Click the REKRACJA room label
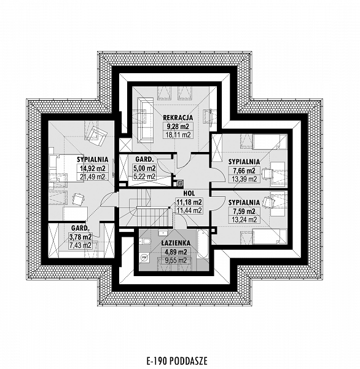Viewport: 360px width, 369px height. click(x=178, y=117)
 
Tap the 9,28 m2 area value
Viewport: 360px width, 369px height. click(x=178, y=126)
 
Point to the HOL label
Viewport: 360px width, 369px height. click(x=189, y=194)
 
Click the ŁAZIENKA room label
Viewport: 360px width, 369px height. click(x=176, y=243)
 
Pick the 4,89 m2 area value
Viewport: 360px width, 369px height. click(x=176, y=252)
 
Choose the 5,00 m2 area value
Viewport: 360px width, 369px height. click(x=144, y=169)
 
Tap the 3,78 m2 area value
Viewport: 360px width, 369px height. click(x=80, y=237)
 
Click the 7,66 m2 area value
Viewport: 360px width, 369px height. click(x=244, y=170)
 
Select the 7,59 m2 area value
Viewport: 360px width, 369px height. click(x=244, y=212)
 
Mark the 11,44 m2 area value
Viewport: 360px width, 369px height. click(x=189, y=210)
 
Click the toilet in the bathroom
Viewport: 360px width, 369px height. click(x=145, y=242)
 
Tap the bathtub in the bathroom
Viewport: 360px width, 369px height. click(x=203, y=244)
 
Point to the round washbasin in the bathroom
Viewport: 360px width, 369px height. click(x=144, y=258)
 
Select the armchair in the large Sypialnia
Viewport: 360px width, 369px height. click(x=96, y=135)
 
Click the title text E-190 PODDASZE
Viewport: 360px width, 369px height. click(x=177, y=360)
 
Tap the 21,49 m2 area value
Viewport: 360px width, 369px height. click(x=93, y=177)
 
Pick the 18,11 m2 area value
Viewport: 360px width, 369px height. click(x=178, y=135)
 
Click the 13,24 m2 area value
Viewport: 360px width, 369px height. click(x=244, y=220)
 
